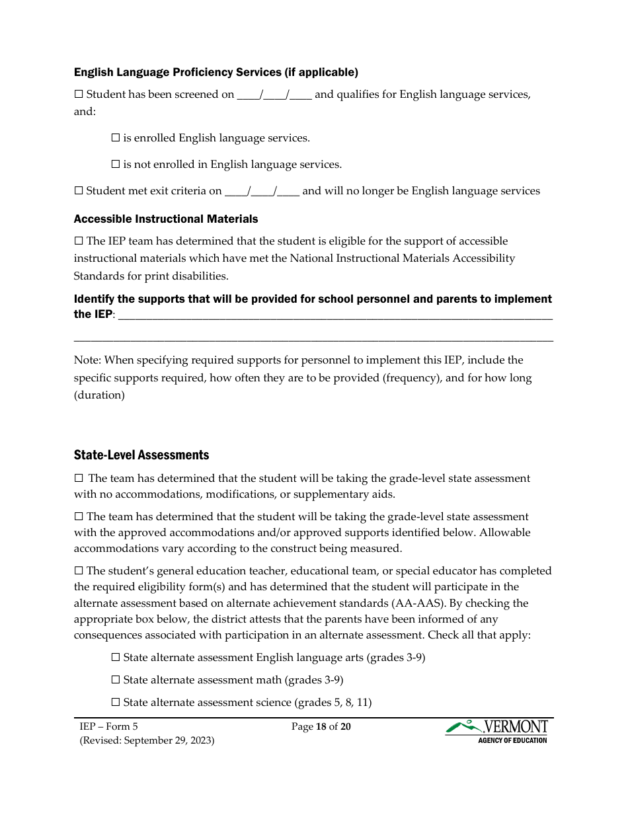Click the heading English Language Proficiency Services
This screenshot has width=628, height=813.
coord(216,72)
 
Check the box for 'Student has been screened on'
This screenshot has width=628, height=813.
coord(79,95)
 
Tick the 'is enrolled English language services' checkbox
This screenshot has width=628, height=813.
coord(116,138)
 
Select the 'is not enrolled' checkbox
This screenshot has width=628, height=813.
coord(116,165)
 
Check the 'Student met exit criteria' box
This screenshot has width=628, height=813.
coord(79,191)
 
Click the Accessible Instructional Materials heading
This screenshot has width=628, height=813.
coord(166,219)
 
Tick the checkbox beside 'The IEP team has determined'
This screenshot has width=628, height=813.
coord(79,241)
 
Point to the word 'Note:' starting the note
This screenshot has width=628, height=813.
coord(87,360)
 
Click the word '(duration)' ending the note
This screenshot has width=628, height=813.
coord(99,395)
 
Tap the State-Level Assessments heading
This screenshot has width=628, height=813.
coord(141,455)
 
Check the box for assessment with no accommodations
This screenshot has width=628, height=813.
coord(79,478)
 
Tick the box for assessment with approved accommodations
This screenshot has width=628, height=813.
coord(79,516)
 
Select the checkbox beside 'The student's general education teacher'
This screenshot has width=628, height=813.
coord(79,570)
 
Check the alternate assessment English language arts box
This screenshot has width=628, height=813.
coord(116,658)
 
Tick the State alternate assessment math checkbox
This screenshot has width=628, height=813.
coord(116,680)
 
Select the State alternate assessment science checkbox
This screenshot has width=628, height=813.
coord(116,703)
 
